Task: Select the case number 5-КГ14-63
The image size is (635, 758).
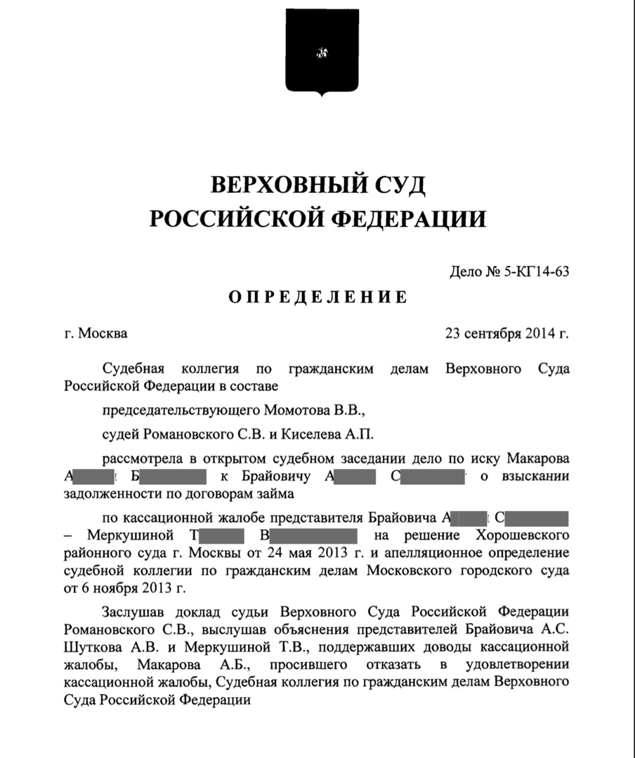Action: click(535, 273)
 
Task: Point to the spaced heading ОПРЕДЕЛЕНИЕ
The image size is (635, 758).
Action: click(317, 297)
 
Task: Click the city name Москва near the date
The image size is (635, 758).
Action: click(103, 333)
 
